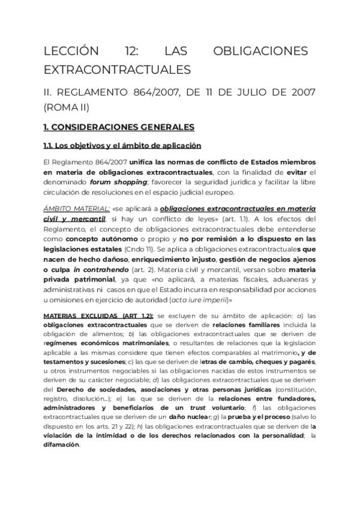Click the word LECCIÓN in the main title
coord(70,51)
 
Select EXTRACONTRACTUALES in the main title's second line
coord(117,70)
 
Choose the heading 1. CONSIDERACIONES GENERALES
coord(119,127)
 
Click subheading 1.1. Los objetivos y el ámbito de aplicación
coord(122,146)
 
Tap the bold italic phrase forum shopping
coord(119,182)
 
